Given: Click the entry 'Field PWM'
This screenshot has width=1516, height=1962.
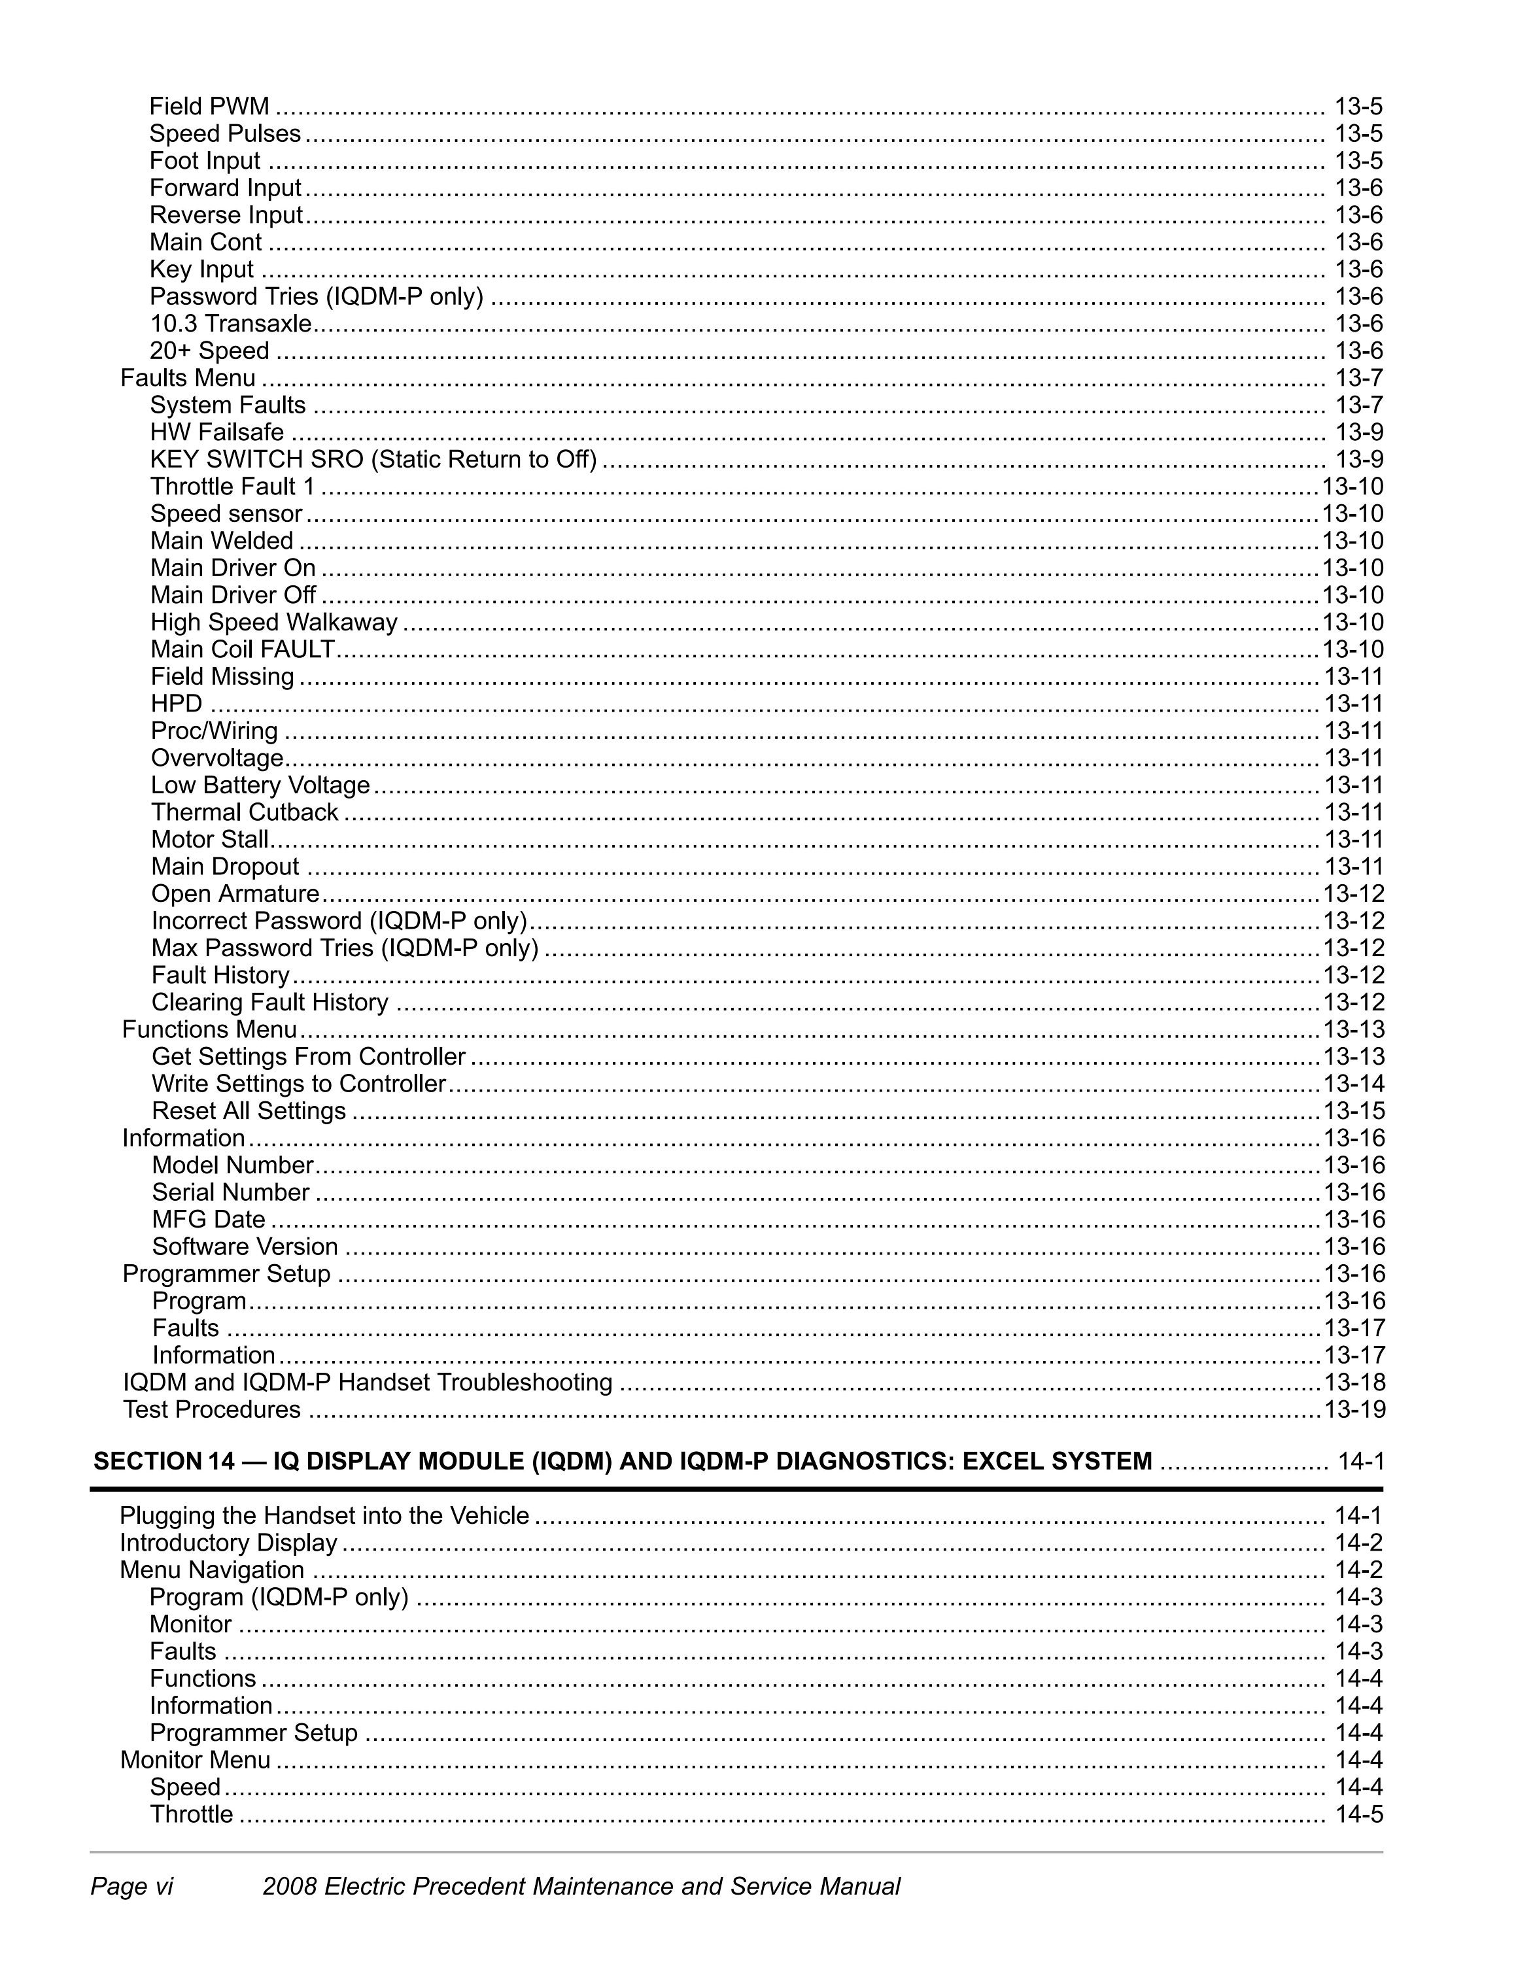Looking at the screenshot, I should (209, 106).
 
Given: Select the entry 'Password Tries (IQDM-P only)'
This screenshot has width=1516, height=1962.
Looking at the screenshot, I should (316, 296).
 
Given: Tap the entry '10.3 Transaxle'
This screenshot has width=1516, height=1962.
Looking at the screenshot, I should (231, 324).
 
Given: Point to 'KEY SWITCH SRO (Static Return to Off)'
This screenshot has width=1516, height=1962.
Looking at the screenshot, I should (373, 459).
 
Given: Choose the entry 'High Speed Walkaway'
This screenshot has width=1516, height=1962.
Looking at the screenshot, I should (274, 622).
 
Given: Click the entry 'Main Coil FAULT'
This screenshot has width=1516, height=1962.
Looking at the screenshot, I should (243, 649).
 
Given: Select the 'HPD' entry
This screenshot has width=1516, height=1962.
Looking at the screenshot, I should (177, 704).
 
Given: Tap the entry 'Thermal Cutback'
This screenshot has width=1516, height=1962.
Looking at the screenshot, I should (245, 812).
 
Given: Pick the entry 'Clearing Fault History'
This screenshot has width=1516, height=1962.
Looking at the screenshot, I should (269, 1002).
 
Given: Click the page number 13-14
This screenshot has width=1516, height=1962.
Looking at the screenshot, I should (1353, 1084).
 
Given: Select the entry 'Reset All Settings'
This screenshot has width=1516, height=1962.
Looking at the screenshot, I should (249, 1110).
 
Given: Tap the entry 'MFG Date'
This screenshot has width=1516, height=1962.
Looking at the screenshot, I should (209, 1219).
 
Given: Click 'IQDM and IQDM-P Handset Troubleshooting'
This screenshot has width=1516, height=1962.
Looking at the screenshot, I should (368, 1382).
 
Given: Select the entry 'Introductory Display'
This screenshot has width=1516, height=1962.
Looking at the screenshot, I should (228, 1543).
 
